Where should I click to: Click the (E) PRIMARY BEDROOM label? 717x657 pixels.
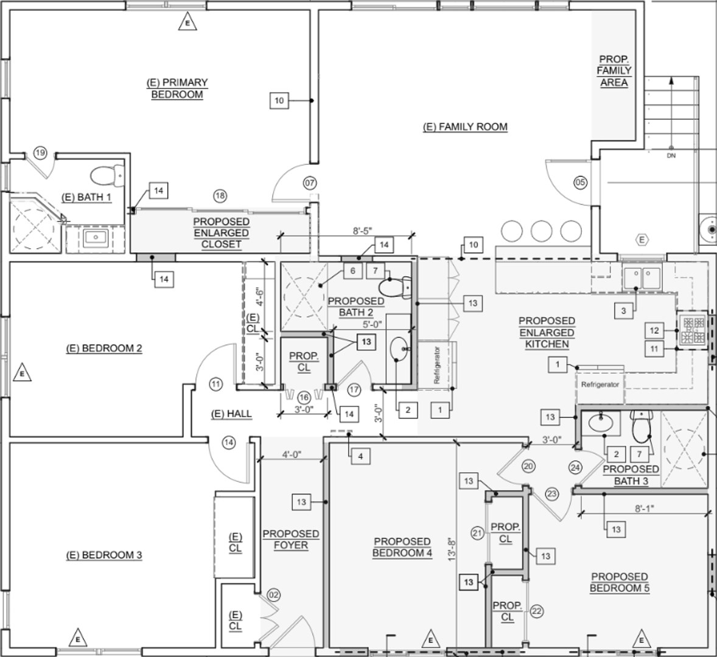point(177,89)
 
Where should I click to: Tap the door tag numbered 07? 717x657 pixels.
point(310,183)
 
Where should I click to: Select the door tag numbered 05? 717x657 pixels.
point(580,182)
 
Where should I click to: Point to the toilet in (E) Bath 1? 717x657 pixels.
point(108,176)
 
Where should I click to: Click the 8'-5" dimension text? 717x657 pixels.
point(364,231)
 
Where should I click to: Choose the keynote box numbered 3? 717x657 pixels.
point(623,311)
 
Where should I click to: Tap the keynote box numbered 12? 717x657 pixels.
point(654,331)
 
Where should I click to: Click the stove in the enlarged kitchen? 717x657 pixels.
point(693,330)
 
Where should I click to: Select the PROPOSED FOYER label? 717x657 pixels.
point(291,540)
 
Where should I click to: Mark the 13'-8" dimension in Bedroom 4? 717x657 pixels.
point(452,548)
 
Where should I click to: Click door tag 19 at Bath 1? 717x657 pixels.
point(40,153)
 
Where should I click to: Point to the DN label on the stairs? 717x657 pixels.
point(671,156)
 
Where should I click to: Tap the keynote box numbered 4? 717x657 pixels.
point(360,456)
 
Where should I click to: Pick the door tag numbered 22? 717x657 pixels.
point(537,611)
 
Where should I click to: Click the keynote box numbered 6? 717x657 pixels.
point(352,271)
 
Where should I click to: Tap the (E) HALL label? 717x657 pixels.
point(231,414)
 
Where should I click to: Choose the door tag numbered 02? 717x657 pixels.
point(273,596)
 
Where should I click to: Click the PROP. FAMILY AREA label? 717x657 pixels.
point(614,71)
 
